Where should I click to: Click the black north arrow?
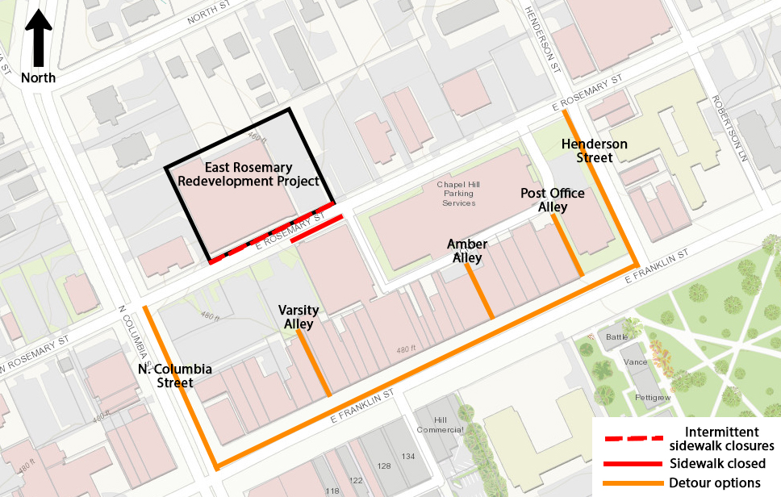pyautogui.click(x=38, y=40)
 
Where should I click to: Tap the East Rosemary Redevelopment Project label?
pyautogui.click(x=248, y=174)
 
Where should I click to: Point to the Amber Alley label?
pyautogui.click(x=467, y=251)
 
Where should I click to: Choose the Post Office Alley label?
pyautogui.click(x=553, y=200)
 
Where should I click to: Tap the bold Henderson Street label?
pyautogui.click(x=587, y=150)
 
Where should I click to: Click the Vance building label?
pyautogui.click(x=636, y=362)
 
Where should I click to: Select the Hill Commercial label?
pyautogui.click(x=440, y=424)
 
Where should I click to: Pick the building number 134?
pyautogui.click(x=408, y=457)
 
